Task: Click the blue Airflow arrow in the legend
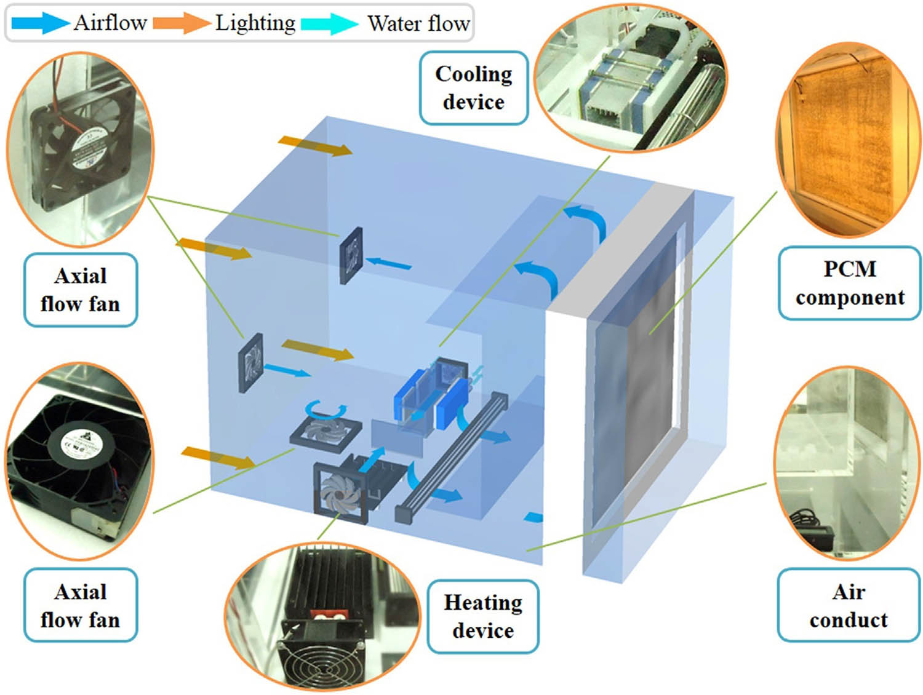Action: coord(40,23)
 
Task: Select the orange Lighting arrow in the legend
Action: coord(181,23)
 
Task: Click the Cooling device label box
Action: coord(473,88)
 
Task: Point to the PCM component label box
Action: coord(849,283)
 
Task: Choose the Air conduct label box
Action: coord(849,605)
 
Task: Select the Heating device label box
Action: coord(483,616)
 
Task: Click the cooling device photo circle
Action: coord(631,77)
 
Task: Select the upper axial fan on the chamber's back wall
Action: coord(351,255)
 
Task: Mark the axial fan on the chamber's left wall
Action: coord(251,362)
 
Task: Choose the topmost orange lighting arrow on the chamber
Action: coord(315,146)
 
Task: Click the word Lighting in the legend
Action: coord(255,23)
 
